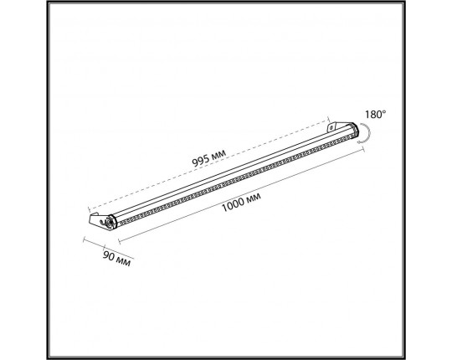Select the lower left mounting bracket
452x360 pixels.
click(x=100, y=223)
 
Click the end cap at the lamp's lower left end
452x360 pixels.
click(x=111, y=222)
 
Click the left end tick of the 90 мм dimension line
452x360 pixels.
click(x=85, y=239)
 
